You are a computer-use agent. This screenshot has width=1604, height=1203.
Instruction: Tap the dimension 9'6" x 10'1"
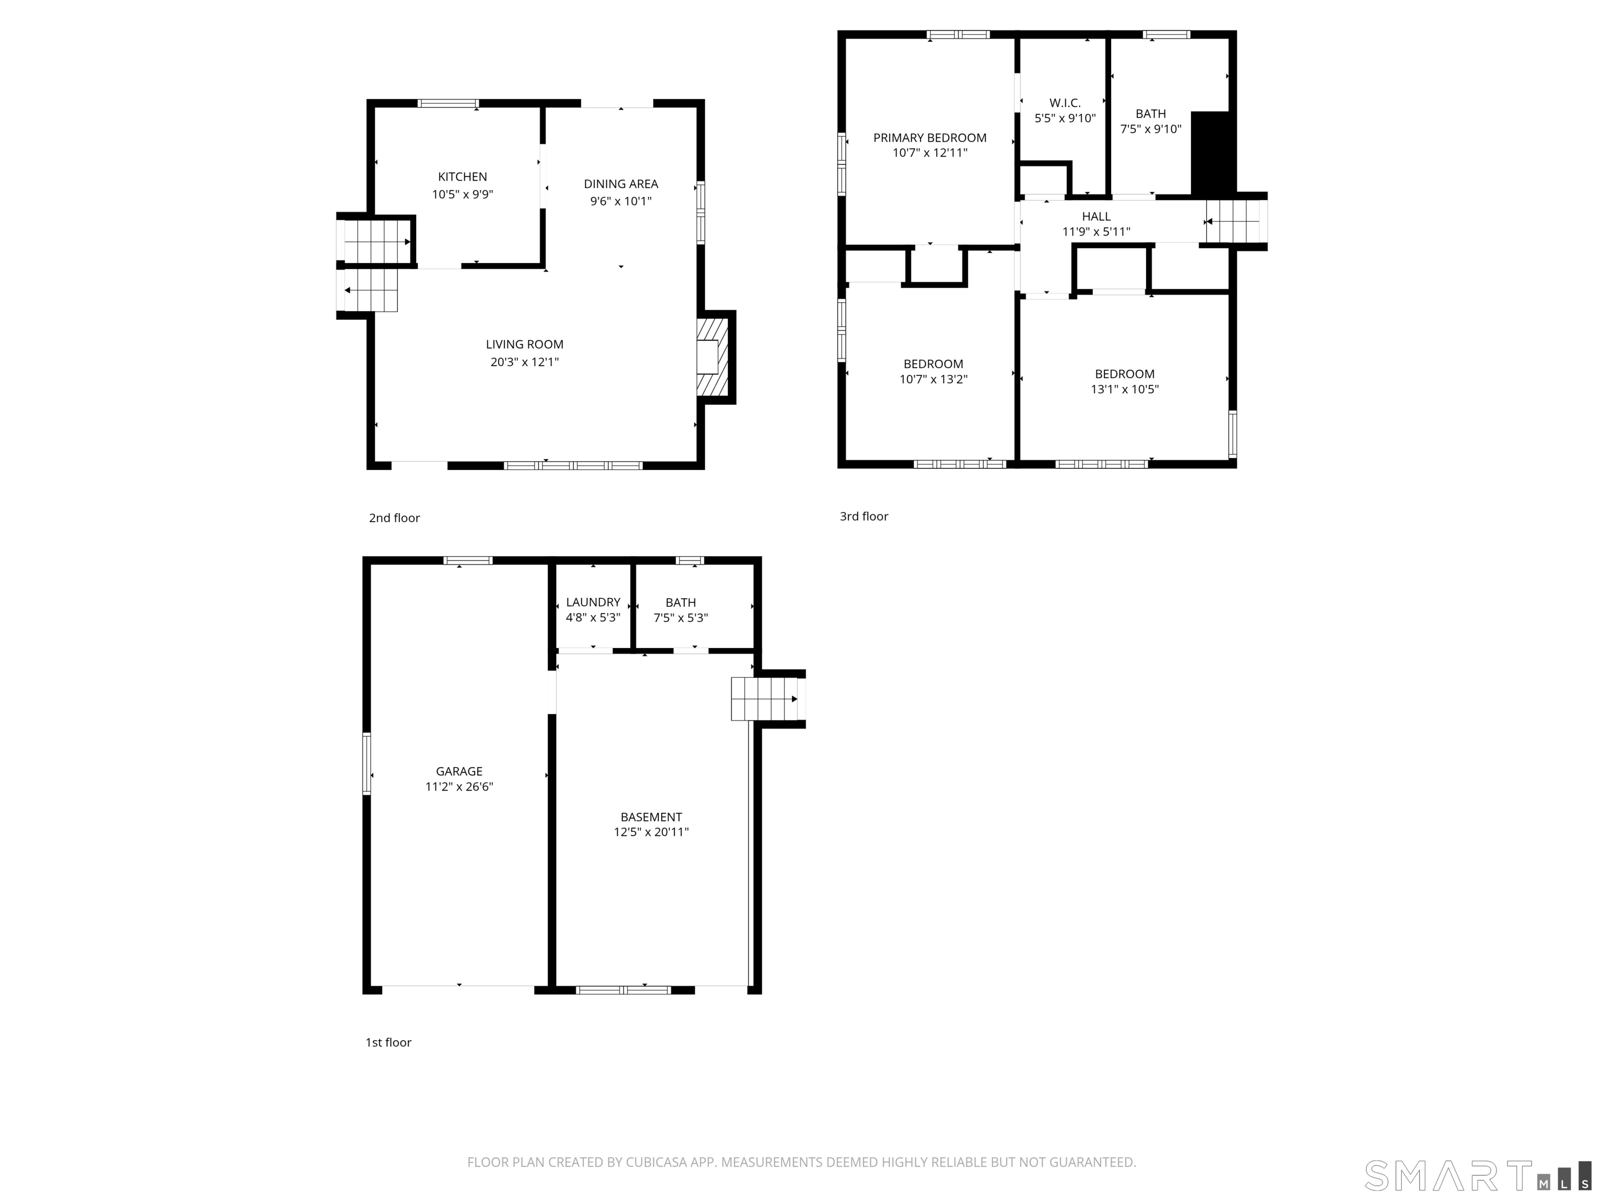click(621, 202)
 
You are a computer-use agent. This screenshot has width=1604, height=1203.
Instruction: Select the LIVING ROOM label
click(524, 345)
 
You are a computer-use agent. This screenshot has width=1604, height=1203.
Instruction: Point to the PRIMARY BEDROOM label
click(929, 138)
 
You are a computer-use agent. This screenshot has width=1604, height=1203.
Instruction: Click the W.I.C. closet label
click(1065, 103)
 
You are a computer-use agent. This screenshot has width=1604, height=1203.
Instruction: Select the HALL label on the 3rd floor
click(1095, 216)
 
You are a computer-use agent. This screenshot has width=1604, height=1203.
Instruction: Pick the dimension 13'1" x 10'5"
click(1124, 390)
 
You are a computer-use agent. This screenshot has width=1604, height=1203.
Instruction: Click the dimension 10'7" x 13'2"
click(933, 379)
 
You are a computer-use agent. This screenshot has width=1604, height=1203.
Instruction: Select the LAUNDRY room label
click(593, 603)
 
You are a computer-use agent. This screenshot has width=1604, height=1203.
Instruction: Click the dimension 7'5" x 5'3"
click(680, 618)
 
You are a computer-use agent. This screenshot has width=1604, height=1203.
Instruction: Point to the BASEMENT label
click(651, 817)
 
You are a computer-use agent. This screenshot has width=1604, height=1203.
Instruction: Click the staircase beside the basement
click(764, 698)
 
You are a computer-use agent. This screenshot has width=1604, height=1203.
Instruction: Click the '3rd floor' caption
click(864, 516)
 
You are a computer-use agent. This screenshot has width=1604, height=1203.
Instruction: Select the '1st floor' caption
click(388, 1042)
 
